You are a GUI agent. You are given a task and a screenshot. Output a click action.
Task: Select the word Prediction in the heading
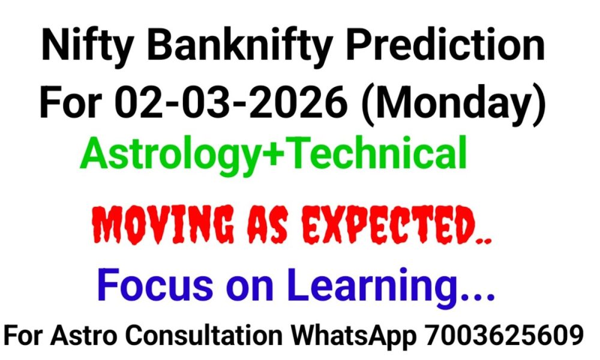(x=452, y=46)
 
